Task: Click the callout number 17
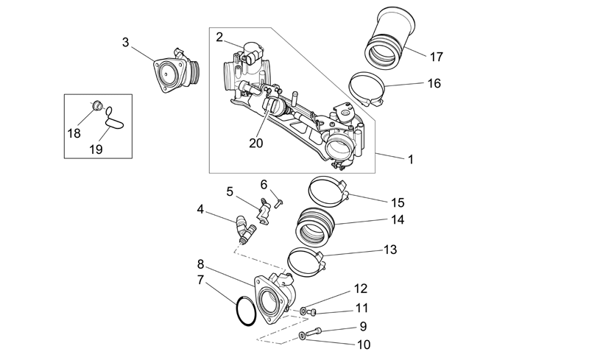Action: [x=436, y=57]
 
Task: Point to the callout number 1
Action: [x=411, y=159]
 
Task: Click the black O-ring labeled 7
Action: [x=237, y=311]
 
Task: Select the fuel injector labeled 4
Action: [x=245, y=229]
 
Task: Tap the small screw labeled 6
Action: [x=279, y=202]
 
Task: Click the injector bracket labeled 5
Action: [x=264, y=211]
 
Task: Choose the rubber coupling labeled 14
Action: [x=315, y=225]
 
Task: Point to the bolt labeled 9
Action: [x=314, y=332]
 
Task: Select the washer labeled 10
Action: [x=302, y=335]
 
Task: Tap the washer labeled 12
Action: [x=303, y=311]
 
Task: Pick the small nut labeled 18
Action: [x=98, y=105]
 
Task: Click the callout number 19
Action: [x=96, y=149]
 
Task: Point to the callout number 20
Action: [x=255, y=143]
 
